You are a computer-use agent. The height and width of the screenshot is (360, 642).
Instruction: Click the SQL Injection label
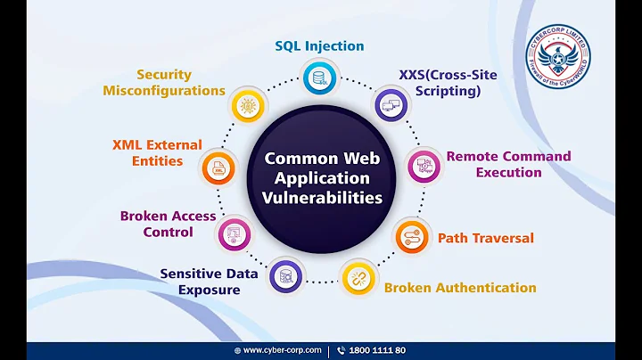point(318,45)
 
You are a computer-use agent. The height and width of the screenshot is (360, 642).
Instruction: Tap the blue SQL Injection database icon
point(318,78)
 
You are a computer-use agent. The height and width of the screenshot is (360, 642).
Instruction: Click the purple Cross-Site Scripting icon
point(391,105)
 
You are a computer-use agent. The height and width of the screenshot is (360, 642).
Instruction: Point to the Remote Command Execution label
point(508,164)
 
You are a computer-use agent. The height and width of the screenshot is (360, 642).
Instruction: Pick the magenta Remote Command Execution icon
point(424,165)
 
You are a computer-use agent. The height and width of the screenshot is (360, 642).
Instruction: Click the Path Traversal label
point(485,238)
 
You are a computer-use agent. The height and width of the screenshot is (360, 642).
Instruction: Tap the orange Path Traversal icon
point(412,237)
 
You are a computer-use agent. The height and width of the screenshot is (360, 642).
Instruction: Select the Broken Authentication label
point(460,287)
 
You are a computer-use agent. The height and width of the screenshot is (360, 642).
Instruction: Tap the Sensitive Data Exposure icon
point(286,276)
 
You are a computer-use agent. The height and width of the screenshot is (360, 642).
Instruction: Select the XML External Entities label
point(157,152)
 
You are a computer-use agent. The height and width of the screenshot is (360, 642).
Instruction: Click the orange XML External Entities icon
point(218,168)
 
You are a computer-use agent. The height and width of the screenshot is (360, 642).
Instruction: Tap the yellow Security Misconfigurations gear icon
point(247,105)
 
